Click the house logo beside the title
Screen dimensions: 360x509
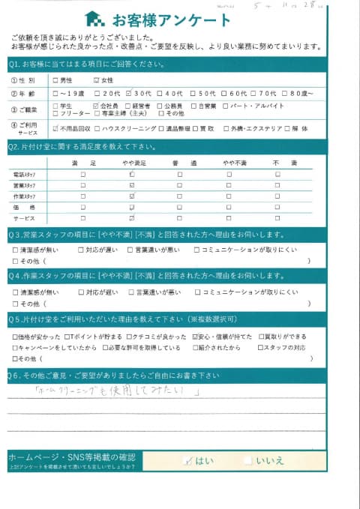pos(94,18)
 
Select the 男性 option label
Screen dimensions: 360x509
pos(66,80)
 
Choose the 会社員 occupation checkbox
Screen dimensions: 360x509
pos(96,106)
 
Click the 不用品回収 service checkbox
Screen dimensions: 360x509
pos(56,129)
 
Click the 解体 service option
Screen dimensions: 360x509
pos(298,129)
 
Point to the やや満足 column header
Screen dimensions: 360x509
pos(131,163)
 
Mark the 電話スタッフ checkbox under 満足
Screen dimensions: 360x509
pos(83,175)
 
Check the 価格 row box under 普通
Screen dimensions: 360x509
pos(180,206)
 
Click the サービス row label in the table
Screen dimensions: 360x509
pos(25,217)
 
